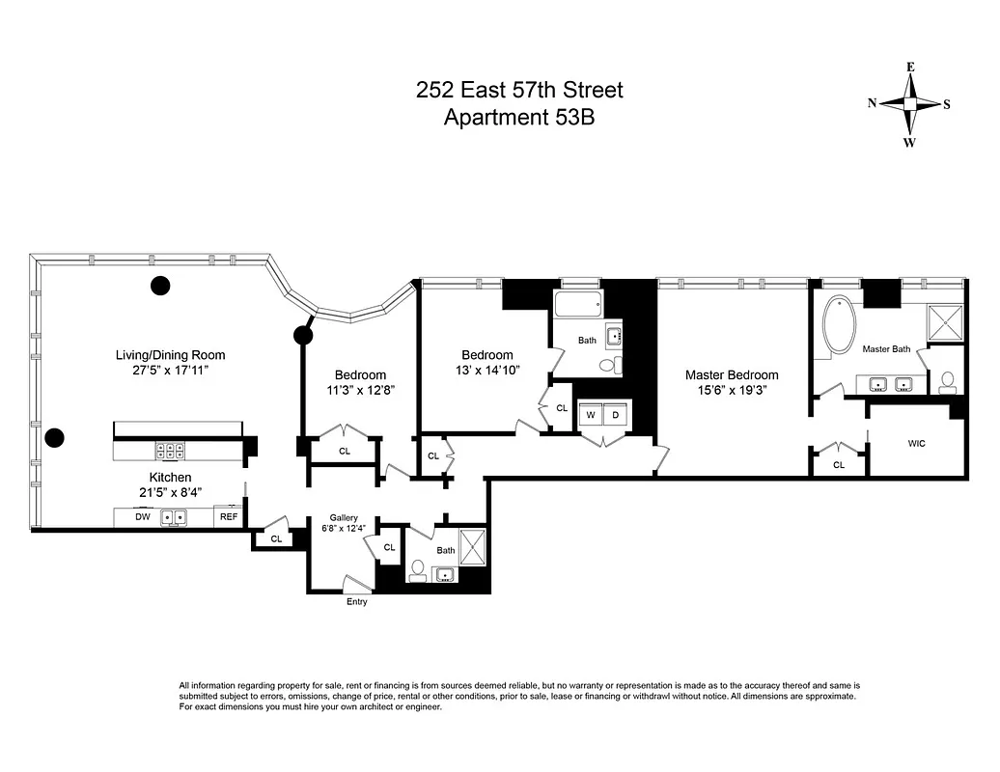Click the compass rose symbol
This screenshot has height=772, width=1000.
pyautogui.click(x=909, y=104)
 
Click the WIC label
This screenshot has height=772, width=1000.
pyautogui.click(x=918, y=445)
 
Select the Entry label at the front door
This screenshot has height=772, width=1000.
pyautogui.click(x=357, y=602)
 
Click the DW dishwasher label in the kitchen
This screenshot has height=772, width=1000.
pyautogui.click(x=142, y=517)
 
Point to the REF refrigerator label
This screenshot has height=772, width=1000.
pyautogui.click(x=229, y=517)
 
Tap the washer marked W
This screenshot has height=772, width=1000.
pyautogui.click(x=589, y=415)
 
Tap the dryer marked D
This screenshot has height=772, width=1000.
pyautogui.click(x=616, y=415)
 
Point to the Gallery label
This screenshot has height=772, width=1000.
pyautogui.click(x=344, y=517)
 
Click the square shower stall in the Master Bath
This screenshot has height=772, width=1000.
pyautogui.click(x=945, y=321)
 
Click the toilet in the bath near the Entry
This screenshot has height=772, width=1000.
pyautogui.click(x=418, y=571)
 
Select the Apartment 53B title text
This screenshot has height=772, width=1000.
pyautogui.click(x=519, y=118)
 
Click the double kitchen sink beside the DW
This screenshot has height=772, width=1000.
pyautogui.click(x=174, y=517)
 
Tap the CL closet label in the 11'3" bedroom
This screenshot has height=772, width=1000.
pyautogui.click(x=345, y=451)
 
